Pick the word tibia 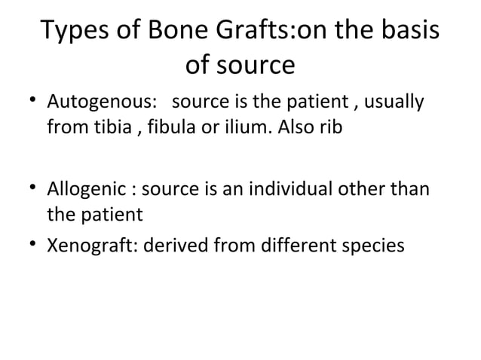[x=101, y=128]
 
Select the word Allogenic [x=87, y=188]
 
